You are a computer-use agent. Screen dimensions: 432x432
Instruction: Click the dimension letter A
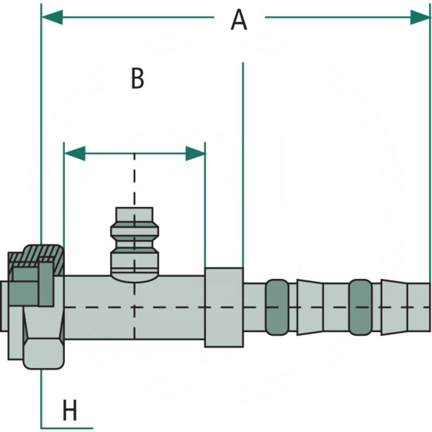(239, 21)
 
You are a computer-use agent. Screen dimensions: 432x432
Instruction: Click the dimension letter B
(138, 79)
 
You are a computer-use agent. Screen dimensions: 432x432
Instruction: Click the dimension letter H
(70, 411)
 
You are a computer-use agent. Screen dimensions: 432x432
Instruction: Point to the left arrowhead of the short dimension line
(75, 153)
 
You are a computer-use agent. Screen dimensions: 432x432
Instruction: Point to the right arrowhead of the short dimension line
(195, 153)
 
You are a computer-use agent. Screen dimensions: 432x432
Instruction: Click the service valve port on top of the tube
(134, 243)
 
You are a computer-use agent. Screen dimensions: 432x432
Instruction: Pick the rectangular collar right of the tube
(224, 307)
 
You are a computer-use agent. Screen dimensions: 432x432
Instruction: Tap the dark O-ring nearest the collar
(278, 307)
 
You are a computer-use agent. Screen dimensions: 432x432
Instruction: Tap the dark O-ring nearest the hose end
(360, 307)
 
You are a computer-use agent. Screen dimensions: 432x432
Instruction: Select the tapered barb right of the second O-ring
(393, 307)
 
